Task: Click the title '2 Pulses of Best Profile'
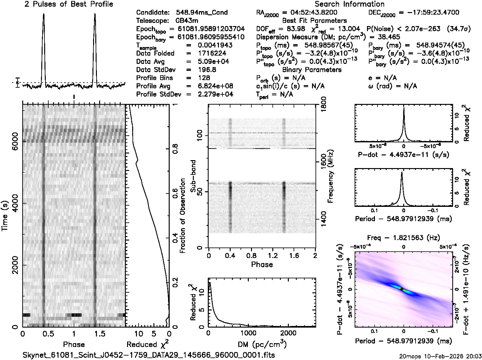pyautogui.click(x=69, y=4)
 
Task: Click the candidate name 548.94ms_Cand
pyautogui.click(x=202, y=13)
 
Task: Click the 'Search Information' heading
pyautogui.click(x=350, y=4)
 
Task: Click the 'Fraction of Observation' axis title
pyautogui.click(x=182, y=216)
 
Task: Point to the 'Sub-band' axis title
pyautogui.click(x=193, y=176)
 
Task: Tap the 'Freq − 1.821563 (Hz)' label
pyautogui.click(x=404, y=238)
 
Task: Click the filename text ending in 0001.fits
pyautogui.click(x=149, y=355)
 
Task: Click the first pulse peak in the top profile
pyautogui.click(x=44, y=14)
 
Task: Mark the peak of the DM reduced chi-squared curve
pyautogui.click(x=210, y=283)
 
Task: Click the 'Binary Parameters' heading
pyautogui.click(x=312, y=70)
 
